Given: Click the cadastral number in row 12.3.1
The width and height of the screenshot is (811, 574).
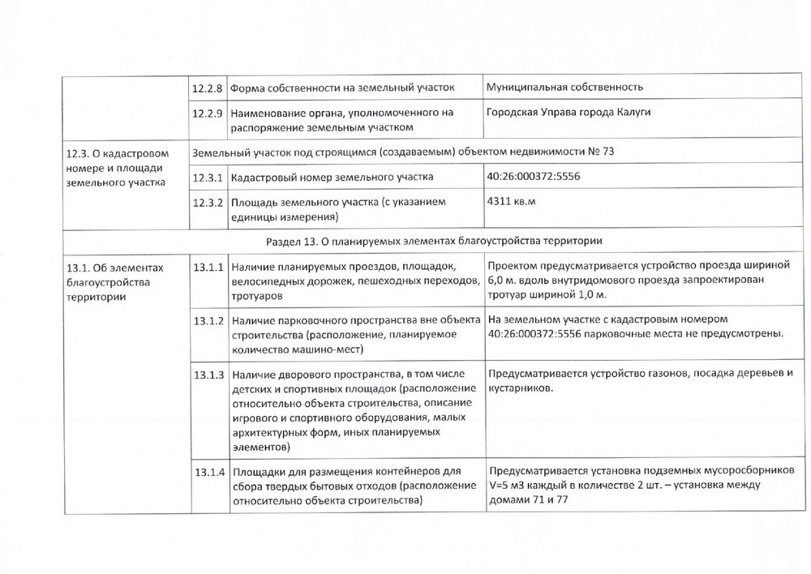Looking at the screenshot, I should click(x=534, y=177).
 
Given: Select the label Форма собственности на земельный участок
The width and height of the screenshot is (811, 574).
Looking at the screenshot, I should click(x=342, y=87).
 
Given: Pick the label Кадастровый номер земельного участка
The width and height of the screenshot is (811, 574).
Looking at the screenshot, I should click(x=332, y=177).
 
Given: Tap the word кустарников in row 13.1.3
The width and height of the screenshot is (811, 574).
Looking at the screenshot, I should click(x=519, y=389).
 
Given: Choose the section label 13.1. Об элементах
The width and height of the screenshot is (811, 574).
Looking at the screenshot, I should click(x=113, y=268).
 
